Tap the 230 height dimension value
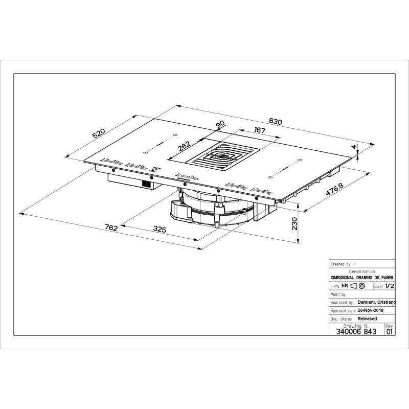point(294,224)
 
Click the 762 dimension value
point(111,228)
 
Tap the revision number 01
point(390,331)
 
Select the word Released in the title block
point(367,319)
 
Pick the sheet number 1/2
point(390,287)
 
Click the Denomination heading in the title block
point(361,271)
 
